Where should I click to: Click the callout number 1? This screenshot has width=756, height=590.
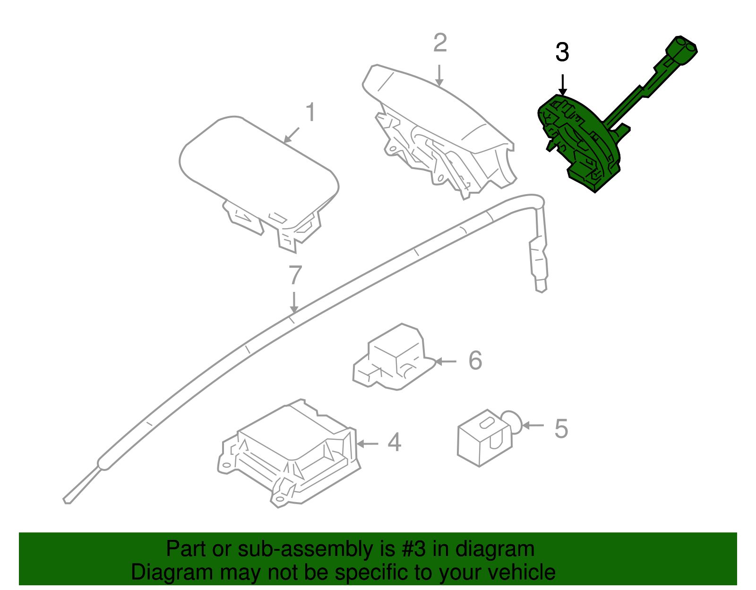pos(310,112)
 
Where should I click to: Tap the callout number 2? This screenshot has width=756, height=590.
pos(440,43)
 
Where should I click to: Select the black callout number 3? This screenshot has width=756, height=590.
pos(562,52)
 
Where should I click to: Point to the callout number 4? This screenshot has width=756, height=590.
pos(394,443)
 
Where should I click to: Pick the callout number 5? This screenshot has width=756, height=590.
pos(561,428)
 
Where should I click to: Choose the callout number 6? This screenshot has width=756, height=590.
pos(475,361)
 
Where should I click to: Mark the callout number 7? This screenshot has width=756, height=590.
pos(295,275)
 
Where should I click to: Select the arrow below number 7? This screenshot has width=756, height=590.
pos(294,302)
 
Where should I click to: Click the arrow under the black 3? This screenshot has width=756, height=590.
pos(562,85)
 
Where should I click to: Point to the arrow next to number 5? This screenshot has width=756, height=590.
pos(533,426)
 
